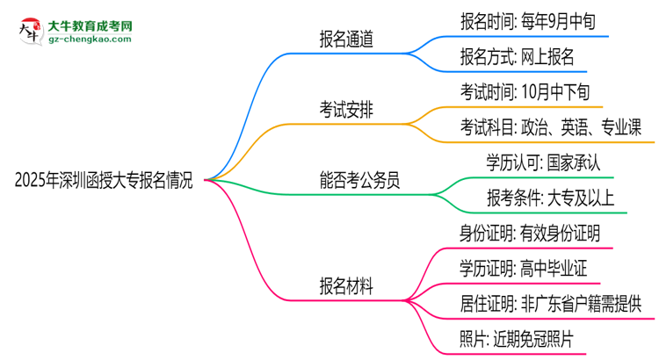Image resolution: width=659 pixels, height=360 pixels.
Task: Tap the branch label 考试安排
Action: (346, 110)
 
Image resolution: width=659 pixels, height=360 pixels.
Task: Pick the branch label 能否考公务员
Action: (359, 182)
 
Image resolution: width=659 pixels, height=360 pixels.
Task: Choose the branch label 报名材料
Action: (346, 286)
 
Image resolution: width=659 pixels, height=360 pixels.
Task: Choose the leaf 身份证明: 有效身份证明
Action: (530, 234)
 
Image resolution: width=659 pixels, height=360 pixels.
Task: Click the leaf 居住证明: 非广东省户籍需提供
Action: (550, 304)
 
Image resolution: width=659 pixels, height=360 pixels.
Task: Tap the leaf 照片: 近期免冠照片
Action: (517, 339)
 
